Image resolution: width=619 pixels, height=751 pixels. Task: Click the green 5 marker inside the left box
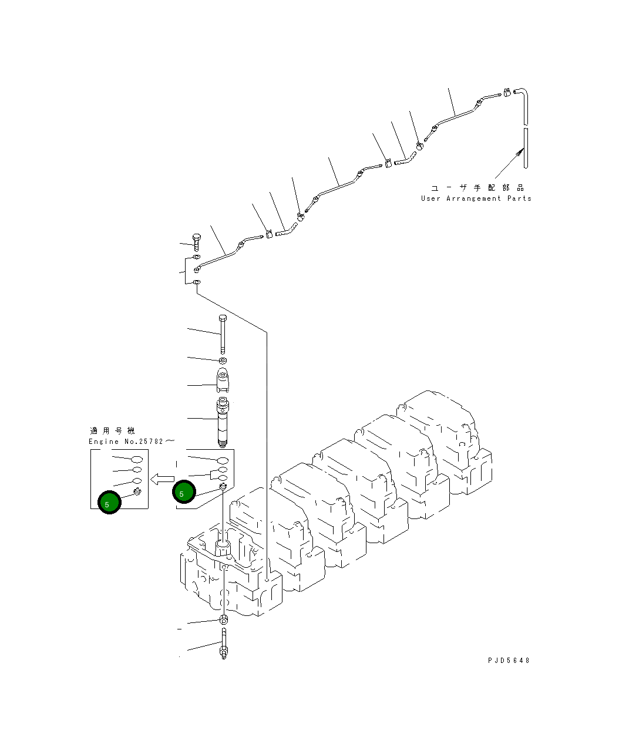point(109,502)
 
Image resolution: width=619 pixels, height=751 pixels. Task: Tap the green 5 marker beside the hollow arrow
point(184,492)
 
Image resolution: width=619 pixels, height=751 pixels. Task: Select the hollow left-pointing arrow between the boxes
point(162,479)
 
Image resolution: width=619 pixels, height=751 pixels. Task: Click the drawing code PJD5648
point(509,660)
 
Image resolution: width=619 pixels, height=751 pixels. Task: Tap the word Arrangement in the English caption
point(474,198)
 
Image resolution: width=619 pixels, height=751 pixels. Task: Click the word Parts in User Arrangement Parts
point(519,198)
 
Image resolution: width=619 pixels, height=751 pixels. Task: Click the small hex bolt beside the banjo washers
point(196,241)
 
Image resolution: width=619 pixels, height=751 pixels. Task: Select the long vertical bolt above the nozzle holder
point(223,334)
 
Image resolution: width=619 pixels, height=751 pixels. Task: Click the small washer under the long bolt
point(223,359)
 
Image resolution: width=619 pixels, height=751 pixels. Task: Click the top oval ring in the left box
point(136,459)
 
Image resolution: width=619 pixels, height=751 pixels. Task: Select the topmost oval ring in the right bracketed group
point(223,460)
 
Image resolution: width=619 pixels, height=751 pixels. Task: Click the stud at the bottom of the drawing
point(224,644)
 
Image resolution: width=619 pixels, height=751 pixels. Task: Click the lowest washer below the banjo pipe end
point(196,284)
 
